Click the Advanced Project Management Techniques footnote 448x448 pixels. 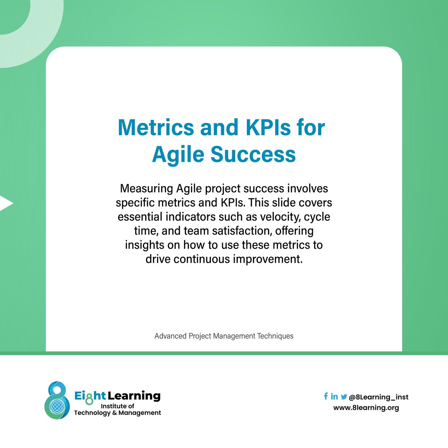pyautogui.click(x=224, y=336)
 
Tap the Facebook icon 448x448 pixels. pyautogui.click(x=326, y=396)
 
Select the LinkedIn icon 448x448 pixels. pyautogui.click(x=334, y=396)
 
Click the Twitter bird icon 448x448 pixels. pyautogui.click(x=343, y=397)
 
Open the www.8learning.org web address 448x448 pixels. pyautogui.click(x=366, y=408)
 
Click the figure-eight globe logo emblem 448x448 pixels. pyautogui.click(x=57, y=400)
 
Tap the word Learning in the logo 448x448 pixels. pyautogui.click(x=134, y=396)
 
